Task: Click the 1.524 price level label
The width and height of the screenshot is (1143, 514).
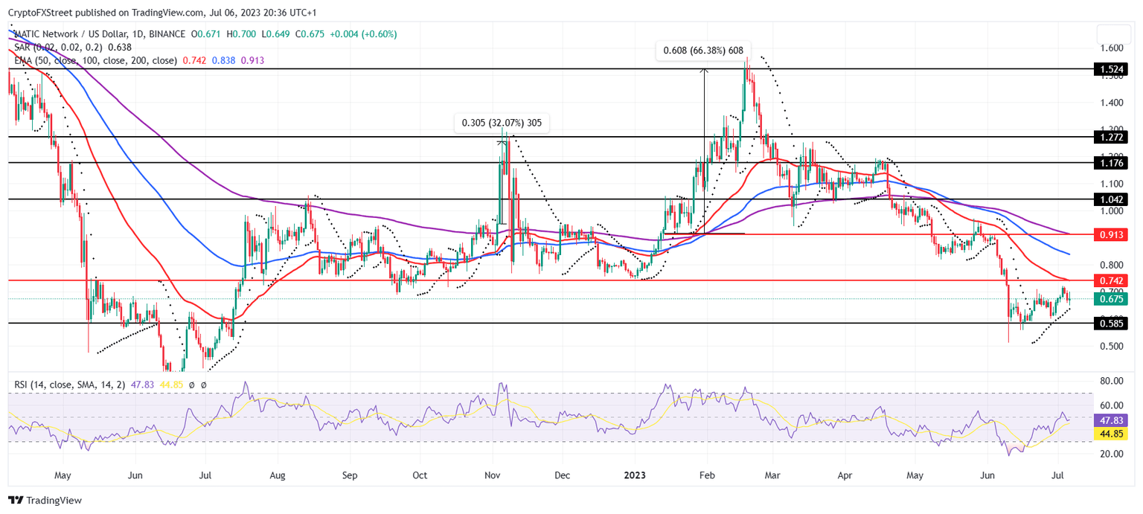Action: (1112, 69)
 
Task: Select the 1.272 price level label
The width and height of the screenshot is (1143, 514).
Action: (1112, 138)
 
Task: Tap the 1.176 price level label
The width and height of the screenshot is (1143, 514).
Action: (1112, 163)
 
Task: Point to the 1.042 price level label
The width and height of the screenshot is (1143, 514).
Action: (1112, 200)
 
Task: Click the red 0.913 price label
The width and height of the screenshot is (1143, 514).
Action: (1112, 235)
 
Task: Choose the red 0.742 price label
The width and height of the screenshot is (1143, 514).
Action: (1112, 281)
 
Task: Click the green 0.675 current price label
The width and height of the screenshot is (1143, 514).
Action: (1112, 299)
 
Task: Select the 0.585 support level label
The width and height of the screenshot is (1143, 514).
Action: (1112, 324)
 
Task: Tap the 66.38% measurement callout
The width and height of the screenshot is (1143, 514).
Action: (703, 51)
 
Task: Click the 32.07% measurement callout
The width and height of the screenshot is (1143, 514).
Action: (502, 123)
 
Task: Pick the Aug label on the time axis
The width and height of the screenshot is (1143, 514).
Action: (278, 474)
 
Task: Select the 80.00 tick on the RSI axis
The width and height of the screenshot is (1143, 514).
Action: (1112, 381)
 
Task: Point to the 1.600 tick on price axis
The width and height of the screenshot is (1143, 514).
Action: (1112, 48)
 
